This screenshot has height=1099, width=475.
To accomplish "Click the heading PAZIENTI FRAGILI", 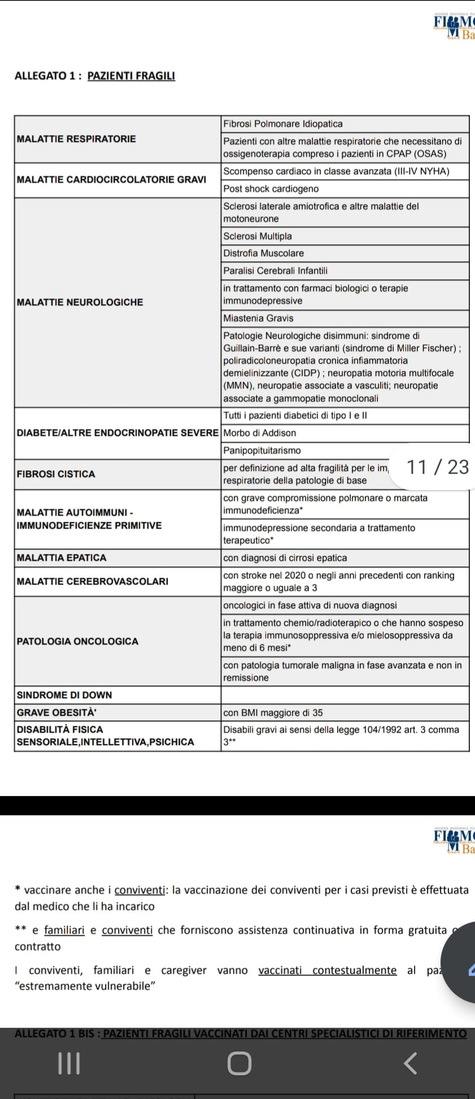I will [x=131, y=76].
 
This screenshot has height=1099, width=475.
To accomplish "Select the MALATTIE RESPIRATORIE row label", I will [x=76, y=139].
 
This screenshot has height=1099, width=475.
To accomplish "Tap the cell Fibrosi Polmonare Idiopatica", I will [x=283, y=124].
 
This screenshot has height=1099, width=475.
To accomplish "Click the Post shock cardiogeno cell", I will [x=271, y=189].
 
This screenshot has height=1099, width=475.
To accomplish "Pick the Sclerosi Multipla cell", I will [x=258, y=236].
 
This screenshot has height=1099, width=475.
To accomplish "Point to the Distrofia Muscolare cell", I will [x=264, y=253].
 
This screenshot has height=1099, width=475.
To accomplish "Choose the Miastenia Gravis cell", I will [x=259, y=318].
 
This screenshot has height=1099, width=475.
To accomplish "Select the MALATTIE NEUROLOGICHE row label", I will [x=80, y=302].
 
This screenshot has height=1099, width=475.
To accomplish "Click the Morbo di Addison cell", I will [x=260, y=433].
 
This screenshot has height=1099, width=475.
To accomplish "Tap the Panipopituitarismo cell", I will [x=262, y=451].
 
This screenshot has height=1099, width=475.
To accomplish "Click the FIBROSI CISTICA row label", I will [x=56, y=474].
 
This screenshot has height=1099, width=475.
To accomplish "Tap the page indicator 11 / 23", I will [x=437, y=467].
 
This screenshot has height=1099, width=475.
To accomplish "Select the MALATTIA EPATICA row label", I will [x=62, y=558].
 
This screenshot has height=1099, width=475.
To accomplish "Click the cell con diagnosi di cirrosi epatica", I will [x=285, y=558].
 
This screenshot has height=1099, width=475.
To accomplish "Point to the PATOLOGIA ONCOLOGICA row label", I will [x=77, y=641].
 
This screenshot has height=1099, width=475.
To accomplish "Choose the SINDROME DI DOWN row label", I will [x=64, y=695].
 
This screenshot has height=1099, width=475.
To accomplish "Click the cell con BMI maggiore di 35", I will [x=273, y=713].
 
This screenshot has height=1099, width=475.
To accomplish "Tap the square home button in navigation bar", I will [x=239, y=1063].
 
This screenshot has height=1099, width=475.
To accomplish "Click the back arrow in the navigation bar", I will [x=411, y=1063].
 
